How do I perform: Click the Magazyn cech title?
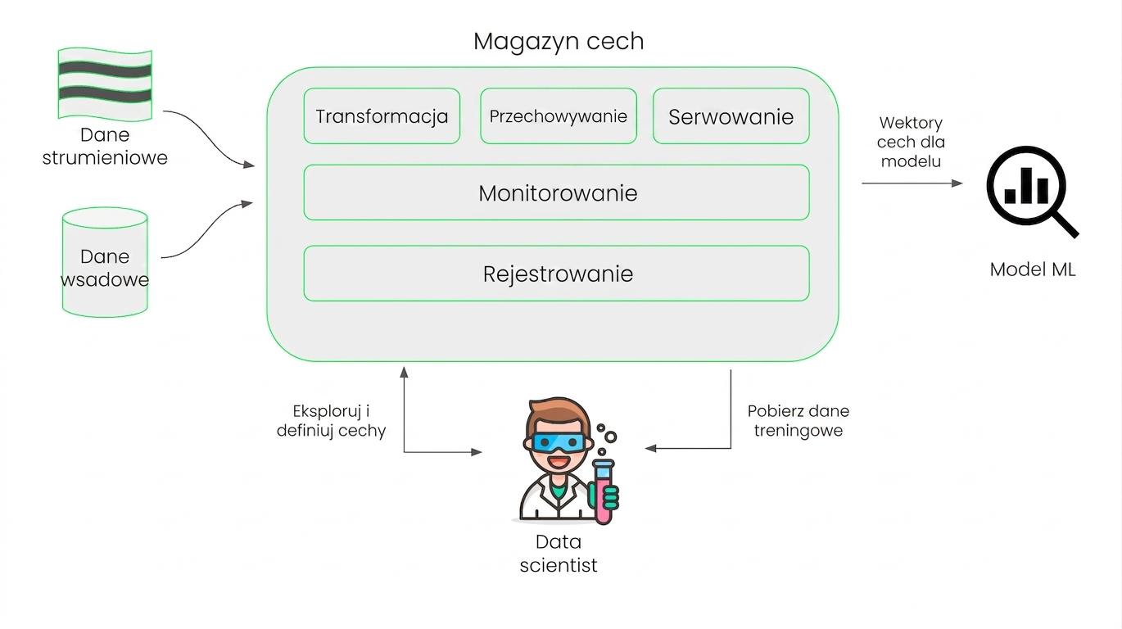coord(559,42)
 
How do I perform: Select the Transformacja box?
coord(382,116)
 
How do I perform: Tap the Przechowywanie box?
coord(559,116)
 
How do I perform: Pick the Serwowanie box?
coord(731,116)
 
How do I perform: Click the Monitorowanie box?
coord(556,192)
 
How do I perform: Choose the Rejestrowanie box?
coord(556,274)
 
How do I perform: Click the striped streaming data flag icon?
coord(105,84)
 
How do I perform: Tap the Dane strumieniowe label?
coord(105,147)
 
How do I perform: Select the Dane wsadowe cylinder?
coord(105,262)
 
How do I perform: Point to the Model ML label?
coord(1033,269)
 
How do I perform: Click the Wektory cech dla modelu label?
coord(911,143)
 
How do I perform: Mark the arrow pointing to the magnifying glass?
coord(912,183)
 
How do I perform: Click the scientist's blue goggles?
coord(559,443)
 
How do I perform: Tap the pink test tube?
coord(604,491)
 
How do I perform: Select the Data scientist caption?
coord(559,554)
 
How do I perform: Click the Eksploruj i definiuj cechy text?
coord(331,421)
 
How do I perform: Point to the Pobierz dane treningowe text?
coord(799,421)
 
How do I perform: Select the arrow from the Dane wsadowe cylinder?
coord(207,231)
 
